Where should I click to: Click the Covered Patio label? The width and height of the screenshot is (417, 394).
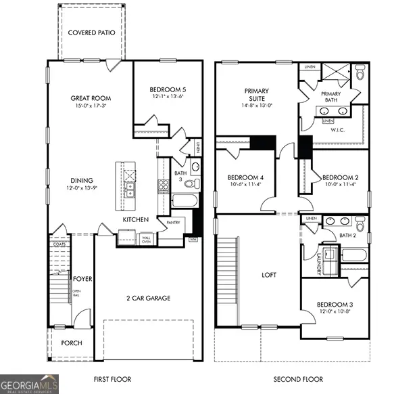(x=91, y=32)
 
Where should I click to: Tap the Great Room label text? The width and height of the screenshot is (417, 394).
(x=90, y=98)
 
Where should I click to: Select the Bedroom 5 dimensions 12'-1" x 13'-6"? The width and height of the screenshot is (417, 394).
(x=168, y=96)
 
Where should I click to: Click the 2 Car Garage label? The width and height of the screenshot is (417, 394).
(x=148, y=298)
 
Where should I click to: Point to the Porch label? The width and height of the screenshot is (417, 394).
(x=71, y=343)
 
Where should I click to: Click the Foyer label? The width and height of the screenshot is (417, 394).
(x=82, y=279)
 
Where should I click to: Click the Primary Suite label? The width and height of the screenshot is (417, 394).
(x=257, y=95)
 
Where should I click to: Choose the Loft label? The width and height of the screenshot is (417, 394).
(x=270, y=275)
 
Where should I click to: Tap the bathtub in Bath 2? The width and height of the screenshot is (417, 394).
(x=353, y=255)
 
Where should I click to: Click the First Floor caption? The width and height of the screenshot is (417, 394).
(x=112, y=379)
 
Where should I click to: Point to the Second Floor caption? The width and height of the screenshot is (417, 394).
(x=298, y=379)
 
